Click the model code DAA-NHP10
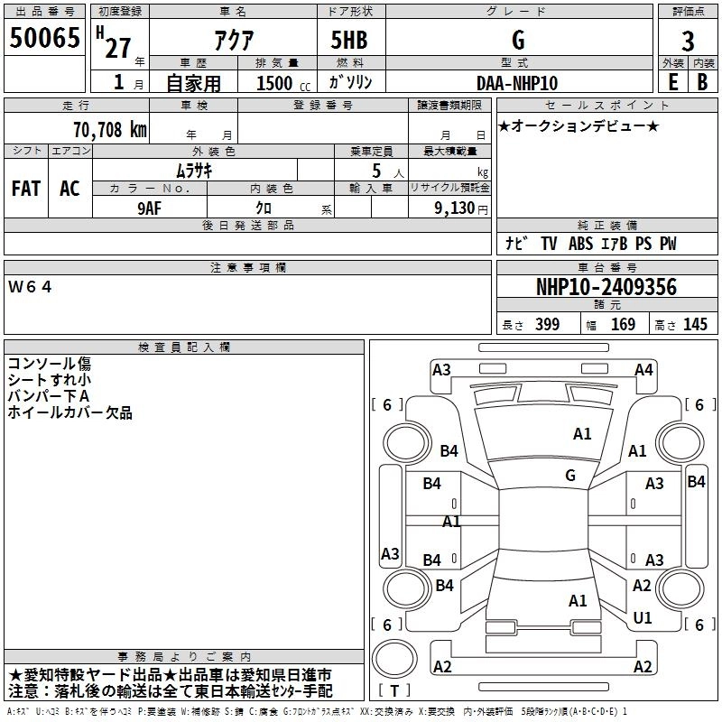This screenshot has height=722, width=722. point(516,82)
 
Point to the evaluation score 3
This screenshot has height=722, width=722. point(688,41)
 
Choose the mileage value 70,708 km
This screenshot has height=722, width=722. point(107,129)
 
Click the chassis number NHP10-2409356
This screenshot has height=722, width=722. point(606,287)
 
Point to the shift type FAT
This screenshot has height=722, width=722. point(25,189)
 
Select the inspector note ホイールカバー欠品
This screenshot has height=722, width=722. point(69,412)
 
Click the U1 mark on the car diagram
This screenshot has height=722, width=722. point(643,617)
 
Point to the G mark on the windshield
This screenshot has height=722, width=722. point(569,476)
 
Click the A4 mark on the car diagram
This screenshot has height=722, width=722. point(643,369)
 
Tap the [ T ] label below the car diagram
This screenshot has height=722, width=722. point(394,690)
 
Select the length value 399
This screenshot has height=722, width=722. point(547,325)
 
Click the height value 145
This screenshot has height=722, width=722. point(695,325)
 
